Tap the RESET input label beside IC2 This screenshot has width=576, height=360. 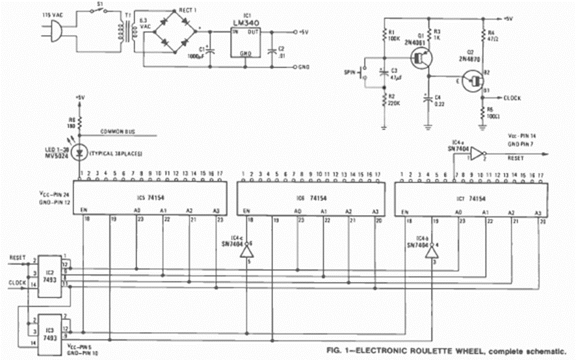coord(16,258)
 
